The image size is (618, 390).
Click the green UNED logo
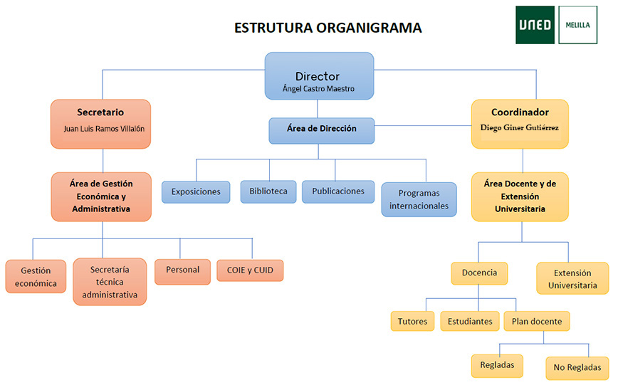pos(535,25)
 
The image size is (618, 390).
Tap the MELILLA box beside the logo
pos(578,25)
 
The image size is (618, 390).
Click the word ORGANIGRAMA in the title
pos(369,28)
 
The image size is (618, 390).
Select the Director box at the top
pos(319,75)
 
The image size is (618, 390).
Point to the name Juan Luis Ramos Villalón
pos(104,129)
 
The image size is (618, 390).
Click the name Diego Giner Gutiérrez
pos(520,127)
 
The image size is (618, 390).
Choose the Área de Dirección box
pos(322,130)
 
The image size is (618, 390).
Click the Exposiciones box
pos(196,192)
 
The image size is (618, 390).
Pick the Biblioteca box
pos(268,191)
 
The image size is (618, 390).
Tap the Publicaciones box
pos(338,191)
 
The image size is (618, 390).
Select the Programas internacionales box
pos(419,199)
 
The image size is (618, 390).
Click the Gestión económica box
pos(36,277)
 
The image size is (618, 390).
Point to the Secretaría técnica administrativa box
pos(110,282)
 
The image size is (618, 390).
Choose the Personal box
pos(182,271)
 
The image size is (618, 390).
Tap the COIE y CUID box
pos(250,270)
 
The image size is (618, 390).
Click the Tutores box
pos(413,321)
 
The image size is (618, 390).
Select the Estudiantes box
pos(470,321)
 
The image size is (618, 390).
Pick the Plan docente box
pos(537,321)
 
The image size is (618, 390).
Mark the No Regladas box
pos(577,368)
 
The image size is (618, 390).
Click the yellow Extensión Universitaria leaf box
pos(572,278)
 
